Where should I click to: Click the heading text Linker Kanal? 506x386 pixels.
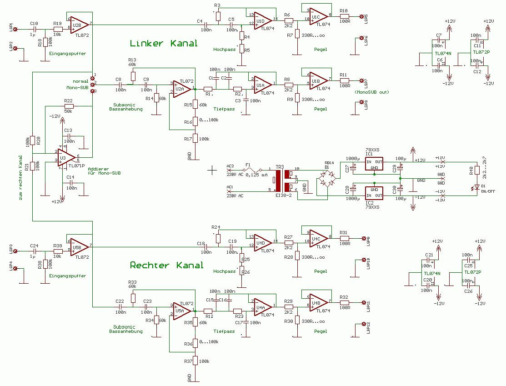[164, 44]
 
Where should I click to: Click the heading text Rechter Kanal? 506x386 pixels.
[166, 265]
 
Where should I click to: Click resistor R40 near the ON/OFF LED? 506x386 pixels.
[477, 170]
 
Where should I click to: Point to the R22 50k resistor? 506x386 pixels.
[68, 106]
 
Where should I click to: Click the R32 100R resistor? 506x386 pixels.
[344, 302]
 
